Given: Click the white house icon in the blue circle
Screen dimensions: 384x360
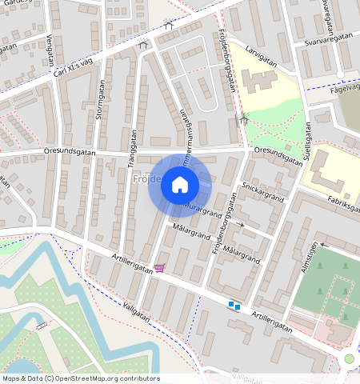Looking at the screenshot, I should pos(180,186).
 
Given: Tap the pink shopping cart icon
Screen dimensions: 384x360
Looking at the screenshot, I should pos(160,268).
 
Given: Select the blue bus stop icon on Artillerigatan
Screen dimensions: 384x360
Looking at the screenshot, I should pos(234,305).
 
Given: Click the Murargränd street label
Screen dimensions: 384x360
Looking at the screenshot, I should pos(201,209).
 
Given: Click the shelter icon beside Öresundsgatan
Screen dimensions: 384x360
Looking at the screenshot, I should pos(243,121).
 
